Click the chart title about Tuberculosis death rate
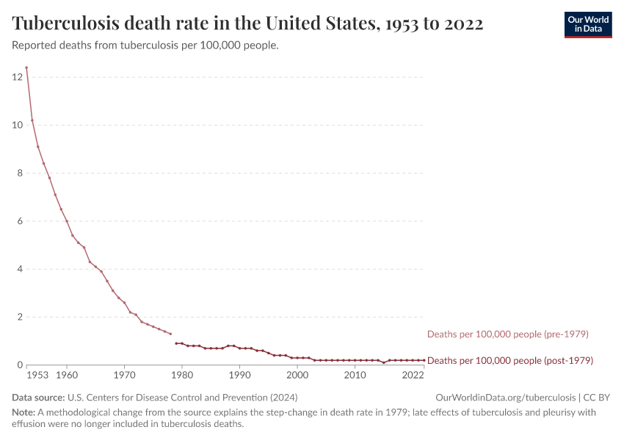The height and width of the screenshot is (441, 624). [248, 24]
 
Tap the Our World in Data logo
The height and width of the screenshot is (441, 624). [587, 24]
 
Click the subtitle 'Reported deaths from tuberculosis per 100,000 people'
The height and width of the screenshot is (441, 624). [145, 46]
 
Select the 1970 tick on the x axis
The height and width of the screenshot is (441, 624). [124, 376]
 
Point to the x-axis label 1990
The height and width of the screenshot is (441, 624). [239, 376]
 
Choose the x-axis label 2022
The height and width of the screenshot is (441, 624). [413, 376]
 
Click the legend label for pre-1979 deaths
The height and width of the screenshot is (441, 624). [508, 334]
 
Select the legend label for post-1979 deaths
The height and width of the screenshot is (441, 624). [510, 361]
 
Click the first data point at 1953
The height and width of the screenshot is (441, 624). [26, 68]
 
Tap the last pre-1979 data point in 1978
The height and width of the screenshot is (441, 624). [170, 334]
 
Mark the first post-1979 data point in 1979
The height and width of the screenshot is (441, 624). [176, 343]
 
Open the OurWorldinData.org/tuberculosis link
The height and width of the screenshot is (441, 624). [505, 398]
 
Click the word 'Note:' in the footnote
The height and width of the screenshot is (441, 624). [24, 412]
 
